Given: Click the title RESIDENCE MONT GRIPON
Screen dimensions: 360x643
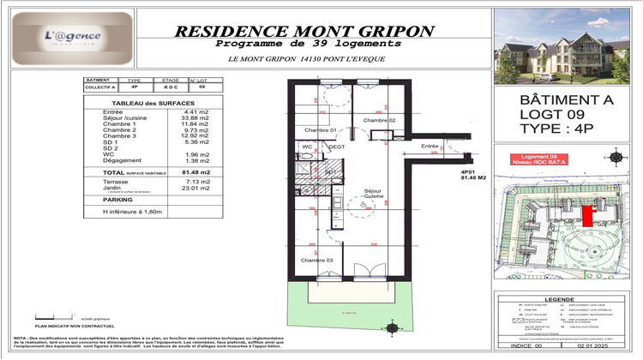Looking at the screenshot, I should tap(303, 30).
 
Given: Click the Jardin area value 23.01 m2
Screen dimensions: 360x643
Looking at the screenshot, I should tap(195, 189).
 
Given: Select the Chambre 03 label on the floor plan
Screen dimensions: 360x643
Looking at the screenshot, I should tap(317, 259).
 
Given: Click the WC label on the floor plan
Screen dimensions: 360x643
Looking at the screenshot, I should tap(306, 147).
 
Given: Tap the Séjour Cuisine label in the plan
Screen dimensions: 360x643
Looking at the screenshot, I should tap(372, 194).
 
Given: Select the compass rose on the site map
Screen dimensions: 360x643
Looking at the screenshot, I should tap(614, 155).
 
